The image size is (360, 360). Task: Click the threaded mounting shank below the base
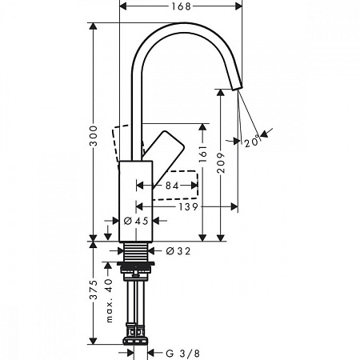click(x=136, y=255)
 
